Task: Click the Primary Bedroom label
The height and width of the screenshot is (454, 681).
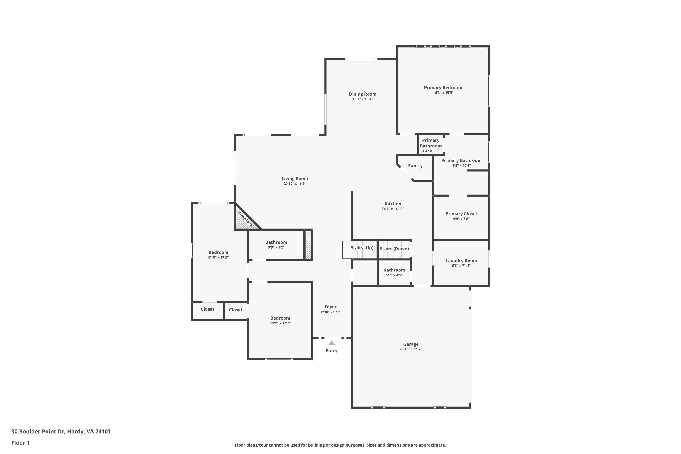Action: (x=443, y=87)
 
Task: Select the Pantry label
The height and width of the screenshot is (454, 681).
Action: (x=415, y=166)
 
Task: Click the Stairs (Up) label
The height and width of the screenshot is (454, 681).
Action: (x=362, y=248)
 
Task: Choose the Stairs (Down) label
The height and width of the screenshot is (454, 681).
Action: (x=394, y=249)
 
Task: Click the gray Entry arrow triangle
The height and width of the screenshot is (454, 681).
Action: (x=331, y=343)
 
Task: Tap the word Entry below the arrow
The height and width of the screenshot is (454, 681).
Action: (x=331, y=351)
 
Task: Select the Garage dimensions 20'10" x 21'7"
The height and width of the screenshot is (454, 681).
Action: (x=411, y=350)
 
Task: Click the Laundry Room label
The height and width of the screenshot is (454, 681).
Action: (x=461, y=261)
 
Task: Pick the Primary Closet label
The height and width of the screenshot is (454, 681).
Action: (x=461, y=214)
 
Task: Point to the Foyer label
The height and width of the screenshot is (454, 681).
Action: (x=330, y=307)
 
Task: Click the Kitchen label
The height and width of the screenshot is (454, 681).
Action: (x=393, y=204)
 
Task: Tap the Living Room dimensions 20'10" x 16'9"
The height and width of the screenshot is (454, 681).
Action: (x=295, y=184)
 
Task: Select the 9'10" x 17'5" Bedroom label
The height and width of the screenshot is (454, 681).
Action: (x=218, y=252)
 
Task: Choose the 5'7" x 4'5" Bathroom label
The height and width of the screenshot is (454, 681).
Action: (x=394, y=270)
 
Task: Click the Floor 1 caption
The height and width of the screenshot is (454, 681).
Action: (x=20, y=443)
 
